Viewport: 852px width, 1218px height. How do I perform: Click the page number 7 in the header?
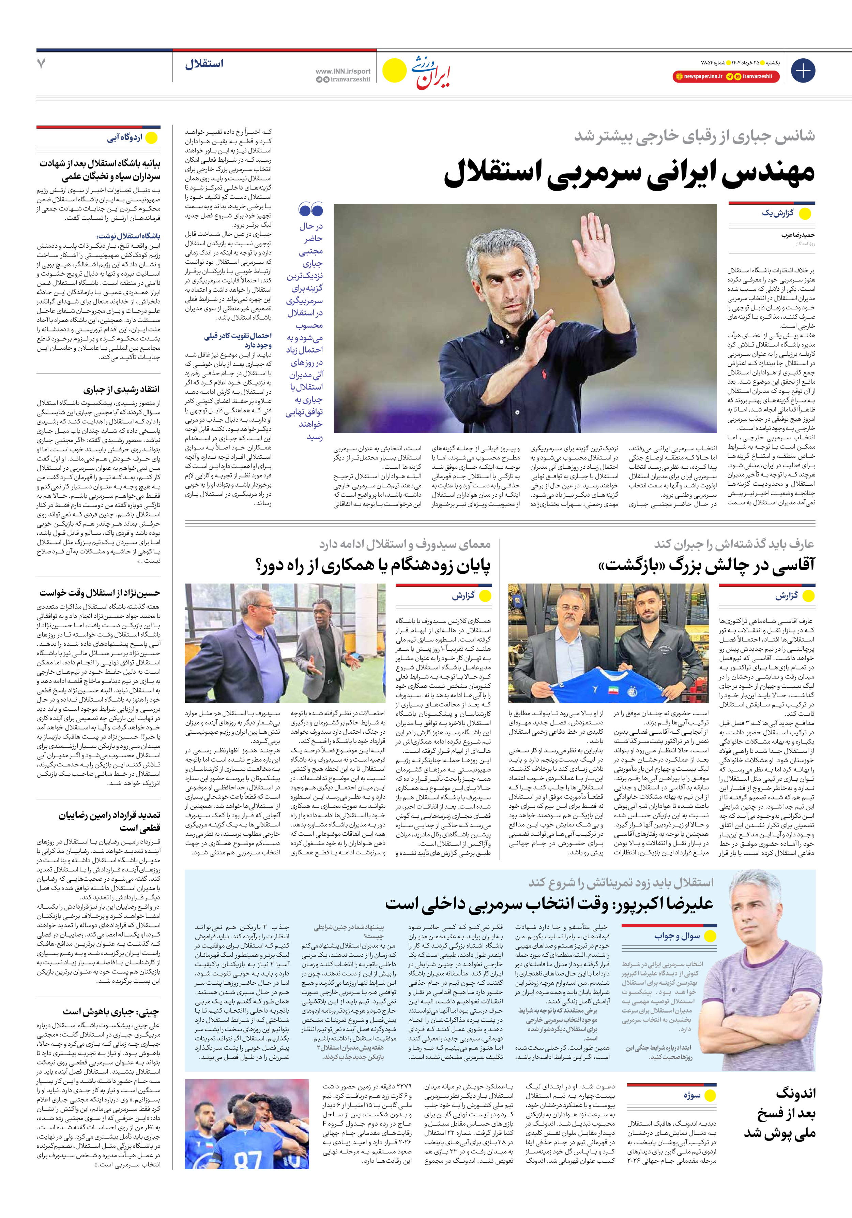[x=41, y=64]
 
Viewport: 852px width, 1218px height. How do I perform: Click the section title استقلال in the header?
[x=204, y=64]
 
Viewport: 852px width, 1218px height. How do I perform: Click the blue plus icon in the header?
[x=803, y=71]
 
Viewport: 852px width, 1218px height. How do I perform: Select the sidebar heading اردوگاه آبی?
[x=125, y=138]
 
